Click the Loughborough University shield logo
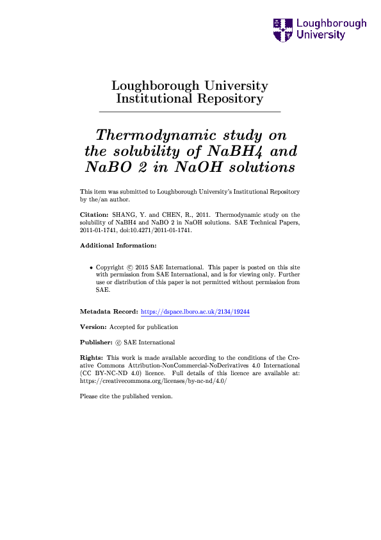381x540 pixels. click(x=282, y=29)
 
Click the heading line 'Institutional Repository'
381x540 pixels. click(x=190, y=99)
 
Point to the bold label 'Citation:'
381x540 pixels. click(x=92, y=214)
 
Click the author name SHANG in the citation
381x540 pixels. click(x=121, y=214)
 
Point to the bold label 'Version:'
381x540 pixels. click(x=93, y=326)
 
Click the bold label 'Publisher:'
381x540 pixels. click(x=96, y=342)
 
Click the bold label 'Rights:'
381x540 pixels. click(x=92, y=357)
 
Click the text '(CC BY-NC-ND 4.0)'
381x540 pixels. click(x=108, y=373)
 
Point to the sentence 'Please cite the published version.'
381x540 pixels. click(x=126, y=396)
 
